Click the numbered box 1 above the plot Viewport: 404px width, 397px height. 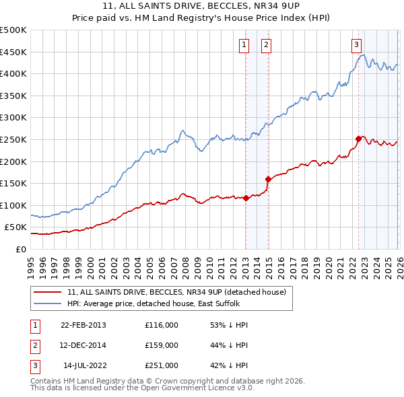(243, 45)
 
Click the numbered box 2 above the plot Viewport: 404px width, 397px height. (267, 45)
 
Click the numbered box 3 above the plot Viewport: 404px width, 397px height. (356, 45)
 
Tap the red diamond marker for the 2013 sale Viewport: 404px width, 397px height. (246, 198)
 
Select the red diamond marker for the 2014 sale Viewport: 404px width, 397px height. (269, 179)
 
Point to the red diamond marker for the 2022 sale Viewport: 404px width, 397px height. (358, 139)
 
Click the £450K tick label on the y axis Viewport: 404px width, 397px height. (13, 52)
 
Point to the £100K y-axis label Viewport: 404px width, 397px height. (13, 205)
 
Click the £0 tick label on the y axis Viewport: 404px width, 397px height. (20, 249)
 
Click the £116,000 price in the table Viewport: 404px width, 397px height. (162, 324)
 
